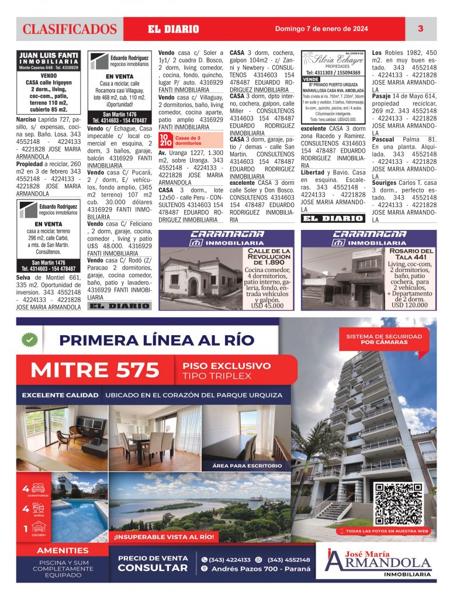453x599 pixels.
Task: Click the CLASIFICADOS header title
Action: tap(70, 29)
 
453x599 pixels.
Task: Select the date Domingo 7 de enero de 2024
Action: tap(321, 29)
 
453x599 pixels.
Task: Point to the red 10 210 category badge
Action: tap(166, 139)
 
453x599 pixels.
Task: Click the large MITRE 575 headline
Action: tap(95, 370)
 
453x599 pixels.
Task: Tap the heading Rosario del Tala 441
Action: tap(411, 254)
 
